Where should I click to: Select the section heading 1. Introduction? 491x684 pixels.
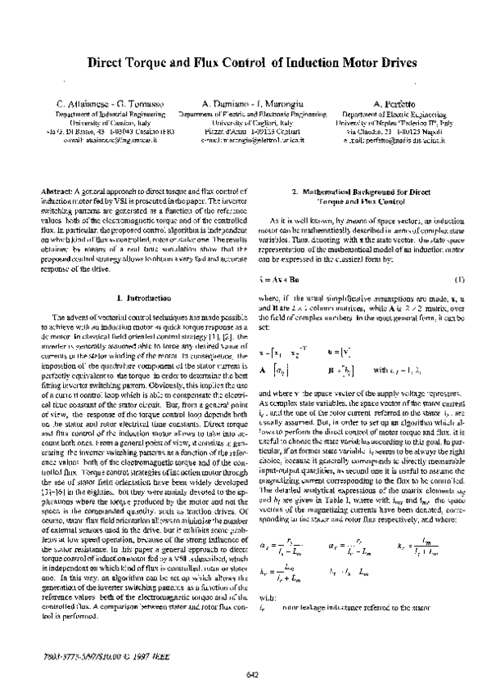point(142,299)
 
